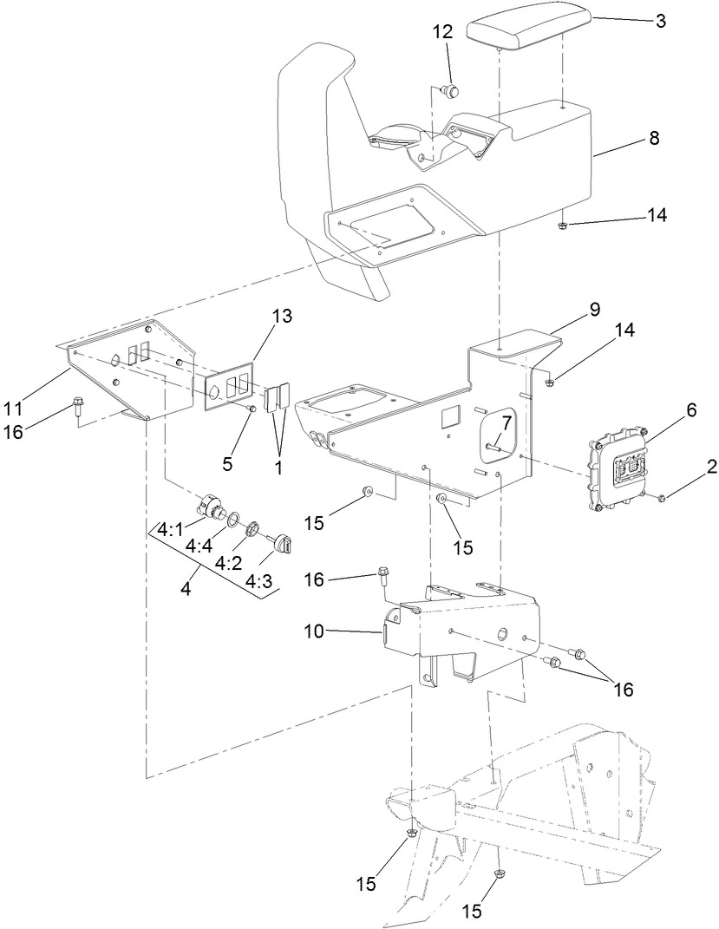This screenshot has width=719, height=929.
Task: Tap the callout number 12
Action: (442, 31)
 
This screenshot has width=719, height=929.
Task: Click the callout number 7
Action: (505, 422)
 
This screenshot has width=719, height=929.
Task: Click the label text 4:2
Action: (226, 563)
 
